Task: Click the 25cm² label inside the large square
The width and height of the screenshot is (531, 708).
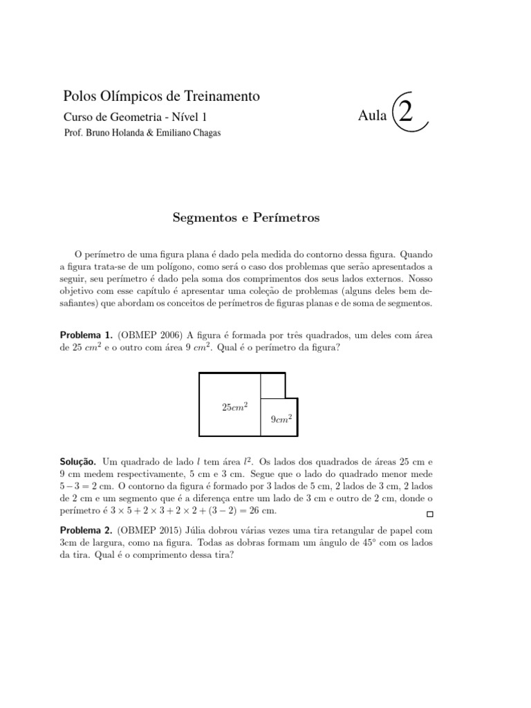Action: tap(234, 407)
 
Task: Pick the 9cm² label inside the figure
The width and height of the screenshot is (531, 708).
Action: tap(280, 419)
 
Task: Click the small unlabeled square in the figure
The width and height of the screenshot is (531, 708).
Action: tap(272, 385)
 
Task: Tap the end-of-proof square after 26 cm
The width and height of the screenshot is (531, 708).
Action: tap(430, 514)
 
